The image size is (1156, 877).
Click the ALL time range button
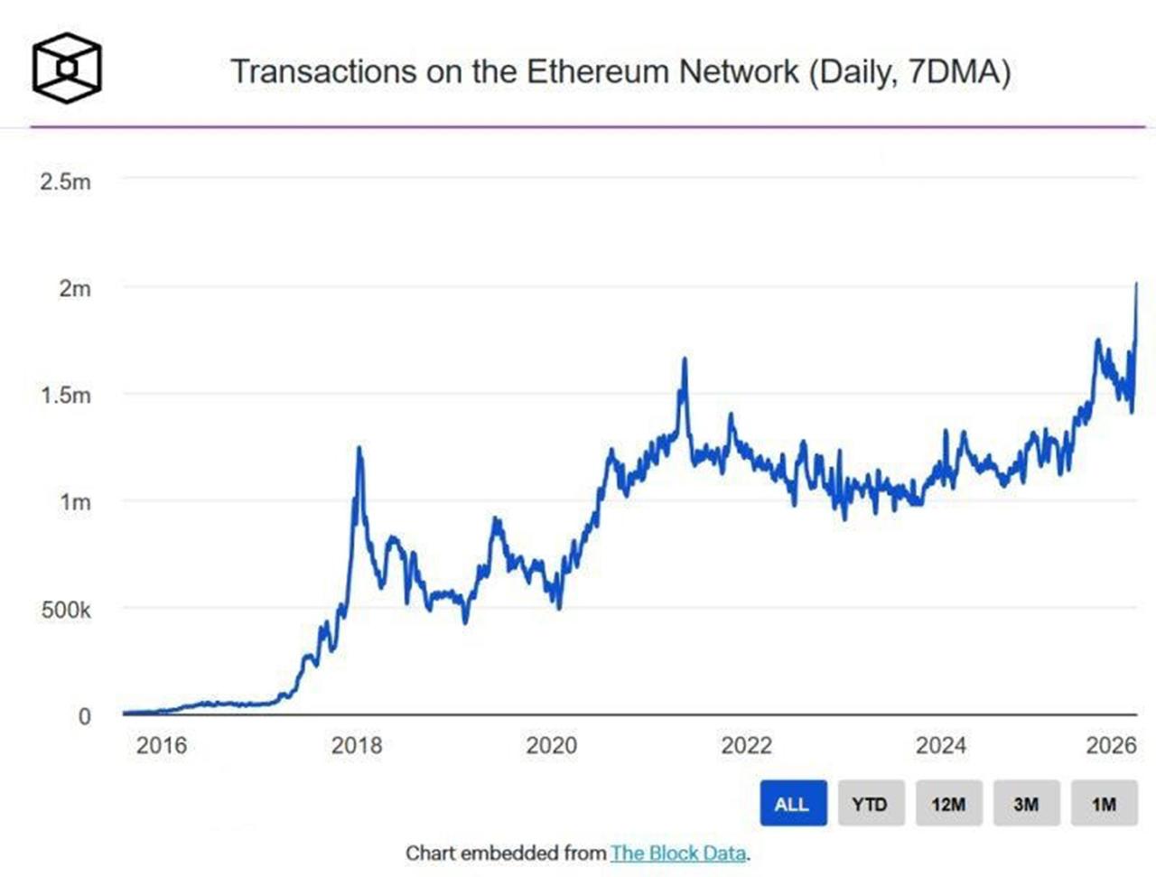pyautogui.click(x=792, y=803)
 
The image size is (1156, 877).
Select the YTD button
pyautogui.click(x=870, y=803)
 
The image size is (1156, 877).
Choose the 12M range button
pyautogui.click(x=948, y=803)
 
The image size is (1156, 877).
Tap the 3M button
pyautogui.click(x=1026, y=803)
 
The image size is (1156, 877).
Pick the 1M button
pyautogui.click(x=1104, y=803)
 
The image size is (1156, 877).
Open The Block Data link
pyautogui.click(x=678, y=853)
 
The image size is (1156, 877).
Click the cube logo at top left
pyautogui.click(x=67, y=68)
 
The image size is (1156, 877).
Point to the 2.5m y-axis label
pyautogui.click(x=65, y=182)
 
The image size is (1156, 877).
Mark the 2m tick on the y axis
pyautogui.click(x=75, y=288)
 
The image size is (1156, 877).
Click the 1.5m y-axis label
pyautogui.click(x=65, y=395)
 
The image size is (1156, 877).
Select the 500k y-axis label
pyautogui.click(x=65, y=610)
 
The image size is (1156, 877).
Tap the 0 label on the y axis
pyautogui.click(x=85, y=716)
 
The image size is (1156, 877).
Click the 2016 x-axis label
pyautogui.click(x=162, y=745)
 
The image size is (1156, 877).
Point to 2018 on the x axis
pyautogui.click(x=357, y=745)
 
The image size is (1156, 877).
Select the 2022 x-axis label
pyautogui.click(x=746, y=745)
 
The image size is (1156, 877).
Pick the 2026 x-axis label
pyautogui.click(x=1111, y=745)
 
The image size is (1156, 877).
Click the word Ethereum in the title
pyautogui.click(x=599, y=71)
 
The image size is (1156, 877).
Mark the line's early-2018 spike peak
pyautogui.click(x=359, y=448)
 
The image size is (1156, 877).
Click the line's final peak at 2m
pyautogui.click(x=1135, y=285)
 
